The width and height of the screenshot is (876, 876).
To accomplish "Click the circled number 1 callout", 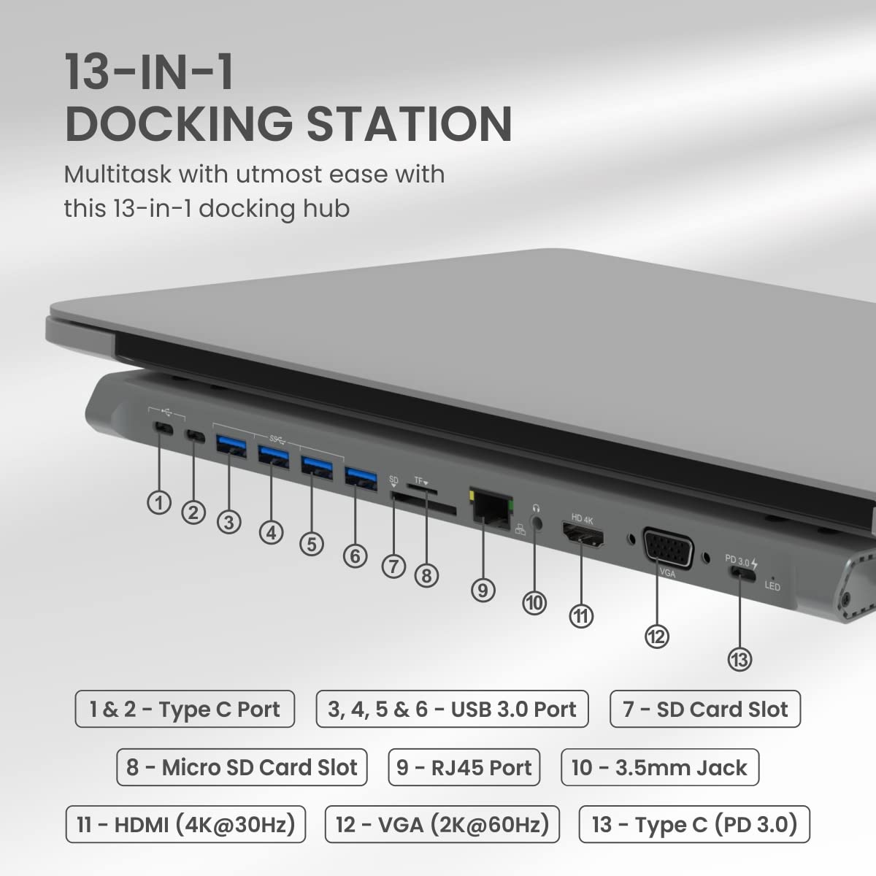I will [159, 502].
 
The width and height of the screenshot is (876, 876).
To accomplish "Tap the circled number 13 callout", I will [739, 659].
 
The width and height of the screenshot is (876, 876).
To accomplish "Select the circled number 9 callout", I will [483, 589].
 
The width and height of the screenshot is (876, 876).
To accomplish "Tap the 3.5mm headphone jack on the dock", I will [538, 523].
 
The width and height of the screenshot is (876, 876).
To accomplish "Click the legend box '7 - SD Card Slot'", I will [704, 709].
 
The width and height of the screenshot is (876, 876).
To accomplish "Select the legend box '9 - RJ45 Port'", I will [464, 767].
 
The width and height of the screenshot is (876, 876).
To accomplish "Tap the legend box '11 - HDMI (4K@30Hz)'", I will [185, 824].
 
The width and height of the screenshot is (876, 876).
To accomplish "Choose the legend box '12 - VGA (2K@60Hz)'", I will [442, 824].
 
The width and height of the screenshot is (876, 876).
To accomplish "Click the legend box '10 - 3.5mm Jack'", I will [659, 767].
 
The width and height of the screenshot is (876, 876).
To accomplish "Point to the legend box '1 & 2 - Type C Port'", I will [185, 709].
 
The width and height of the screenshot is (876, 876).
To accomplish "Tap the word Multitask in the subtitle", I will [117, 174].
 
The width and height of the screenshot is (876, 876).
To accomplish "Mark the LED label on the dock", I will [772, 586].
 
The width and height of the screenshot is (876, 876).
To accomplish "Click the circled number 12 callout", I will [656, 636].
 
